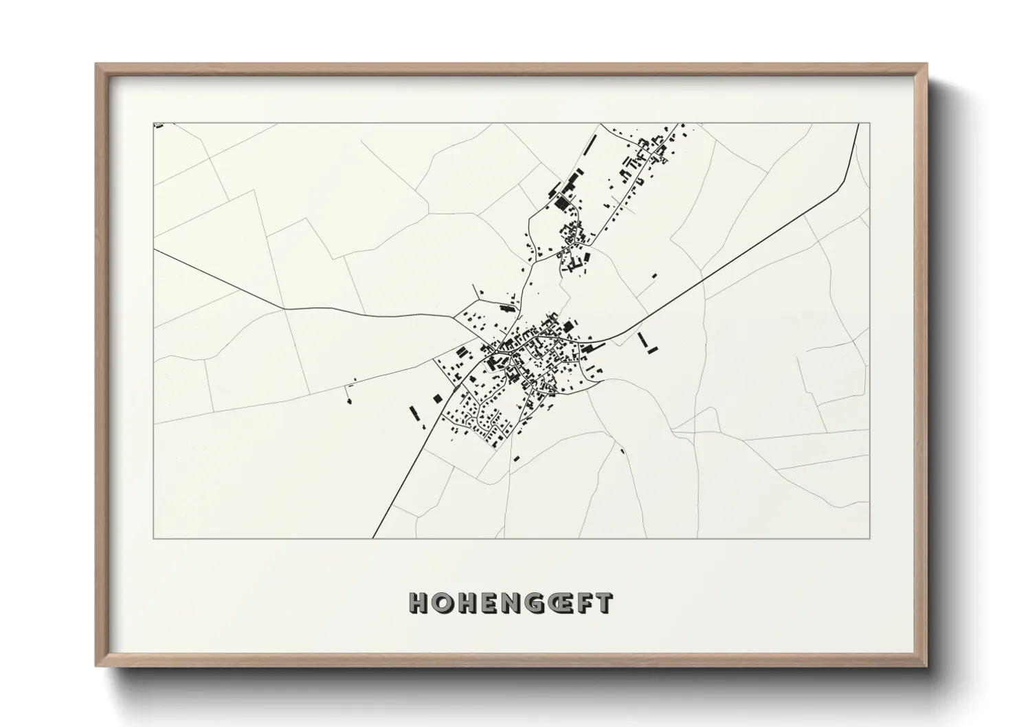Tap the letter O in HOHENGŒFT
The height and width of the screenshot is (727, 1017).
tap(442, 603)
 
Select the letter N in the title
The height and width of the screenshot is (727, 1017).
tap(509, 603)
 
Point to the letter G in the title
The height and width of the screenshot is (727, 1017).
tap(533, 603)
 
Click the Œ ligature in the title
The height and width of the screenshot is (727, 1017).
tap(559, 603)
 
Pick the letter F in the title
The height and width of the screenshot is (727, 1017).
tap(585, 603)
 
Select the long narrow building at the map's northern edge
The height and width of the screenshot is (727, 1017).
tap(590, 144)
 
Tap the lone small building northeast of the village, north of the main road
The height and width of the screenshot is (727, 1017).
tap(654, 276)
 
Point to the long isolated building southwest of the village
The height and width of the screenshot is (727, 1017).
tap(414, 412)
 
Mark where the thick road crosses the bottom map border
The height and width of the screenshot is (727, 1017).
tap(372, 538)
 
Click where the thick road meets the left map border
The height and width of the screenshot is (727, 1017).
tap(154, 250)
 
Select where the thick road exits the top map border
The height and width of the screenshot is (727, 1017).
tap(859, 124)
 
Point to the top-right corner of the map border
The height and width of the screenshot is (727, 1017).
tap(869, 124)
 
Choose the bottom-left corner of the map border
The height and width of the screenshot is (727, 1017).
tap(154, 538)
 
